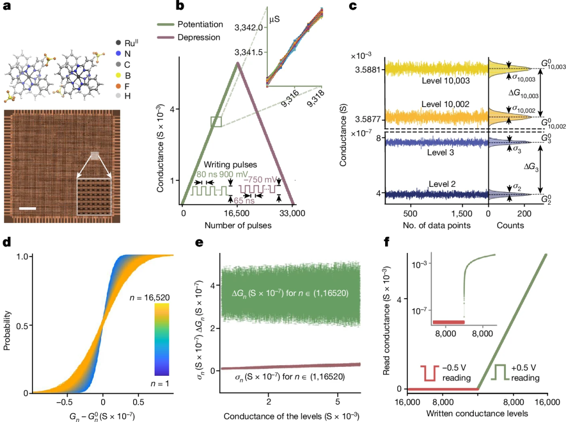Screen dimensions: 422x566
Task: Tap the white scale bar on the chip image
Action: tap(28, 208)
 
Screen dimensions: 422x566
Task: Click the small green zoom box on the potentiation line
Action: tap(216, 122)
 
